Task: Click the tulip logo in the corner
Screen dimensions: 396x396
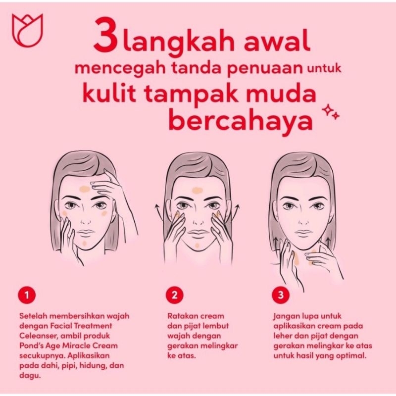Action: (28, 30)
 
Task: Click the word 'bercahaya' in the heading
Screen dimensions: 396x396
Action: (241, 121)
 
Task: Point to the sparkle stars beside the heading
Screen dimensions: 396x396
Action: (331, 113)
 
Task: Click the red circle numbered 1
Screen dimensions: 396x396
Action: (27, 295)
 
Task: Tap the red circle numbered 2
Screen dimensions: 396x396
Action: (175, 295)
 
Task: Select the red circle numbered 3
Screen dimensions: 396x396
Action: (281, 295)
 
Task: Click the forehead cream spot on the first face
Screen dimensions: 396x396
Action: (84, 189)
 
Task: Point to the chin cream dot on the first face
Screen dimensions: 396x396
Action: (84, 243)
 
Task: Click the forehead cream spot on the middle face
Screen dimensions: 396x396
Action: (196, 190)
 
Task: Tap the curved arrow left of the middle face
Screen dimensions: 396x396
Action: (158, 214)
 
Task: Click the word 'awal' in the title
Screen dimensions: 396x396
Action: (278, 41)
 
